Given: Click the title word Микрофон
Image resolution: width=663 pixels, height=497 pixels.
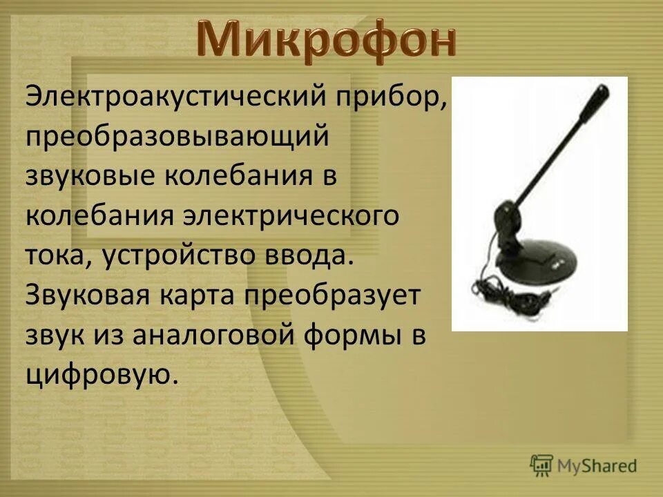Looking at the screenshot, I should (x=327, y=40).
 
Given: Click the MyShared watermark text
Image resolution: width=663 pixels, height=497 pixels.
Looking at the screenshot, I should (x=598, y=465).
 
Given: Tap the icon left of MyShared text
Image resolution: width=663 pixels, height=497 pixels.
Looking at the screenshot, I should (x=541, y=465).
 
